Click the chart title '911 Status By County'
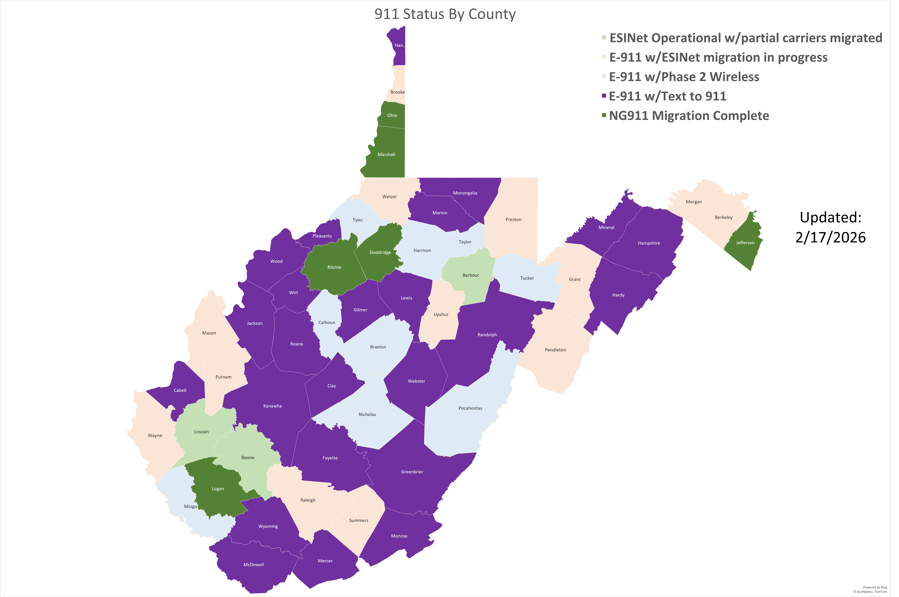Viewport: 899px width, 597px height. click(x=445, y=14)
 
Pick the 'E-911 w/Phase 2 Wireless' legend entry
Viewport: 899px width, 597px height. click(x=684, y=77)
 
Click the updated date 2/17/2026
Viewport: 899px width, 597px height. click(x=830, y=237)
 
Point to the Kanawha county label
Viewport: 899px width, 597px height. click(x=273, y=406)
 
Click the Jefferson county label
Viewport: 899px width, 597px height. click(x=745, y=243)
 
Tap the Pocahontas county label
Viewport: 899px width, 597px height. click(x=470, y=408)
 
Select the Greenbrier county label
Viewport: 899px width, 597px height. click(x=412, y=472)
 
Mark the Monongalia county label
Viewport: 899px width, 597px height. click(x=465, y=193)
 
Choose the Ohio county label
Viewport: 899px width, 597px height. click(x=392, y=115)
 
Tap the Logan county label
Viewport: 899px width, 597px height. click(x=218, y=489)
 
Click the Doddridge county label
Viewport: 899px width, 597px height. click(x=380, y=252)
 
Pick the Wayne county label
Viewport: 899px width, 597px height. click(x=155, y=436)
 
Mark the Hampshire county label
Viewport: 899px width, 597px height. click(x=648, y=243)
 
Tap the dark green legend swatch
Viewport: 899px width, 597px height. click(x=604, y=115)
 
